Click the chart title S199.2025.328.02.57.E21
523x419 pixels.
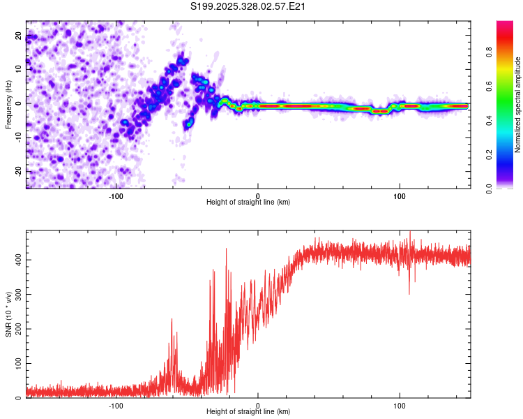pyautogui.click(x=249, y=6)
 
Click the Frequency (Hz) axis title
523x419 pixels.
pyautogui.click(x=8, y=105)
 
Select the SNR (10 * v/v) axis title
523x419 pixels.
pyautogui.click(x=8, y=314)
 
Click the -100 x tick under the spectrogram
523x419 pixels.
pyautogui.click(x=116, y=196)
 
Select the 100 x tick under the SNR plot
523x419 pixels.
pyautogui.click(x=400, y=405)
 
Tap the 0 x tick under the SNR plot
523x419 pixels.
pyautogui.click(x=258, y=405)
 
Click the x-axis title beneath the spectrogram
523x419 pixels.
pyautogui.click(x=248, y=203)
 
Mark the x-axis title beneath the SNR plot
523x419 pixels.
pyautogui.click(x=248, y=412)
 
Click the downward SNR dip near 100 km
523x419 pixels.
pyautogui.click(x=409, y=293)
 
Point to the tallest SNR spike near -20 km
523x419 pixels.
pyautogui.click(x=226, y=249)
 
